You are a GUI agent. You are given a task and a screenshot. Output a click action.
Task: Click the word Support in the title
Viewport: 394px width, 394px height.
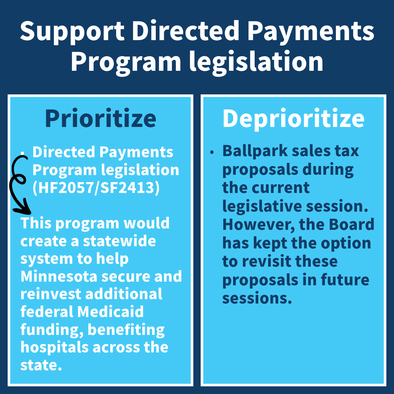[x=72, y=31]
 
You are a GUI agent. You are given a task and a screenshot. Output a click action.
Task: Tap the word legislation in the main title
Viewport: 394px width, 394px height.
[x=256, y=62]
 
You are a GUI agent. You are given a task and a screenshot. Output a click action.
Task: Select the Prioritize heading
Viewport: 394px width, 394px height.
[x=101, y=118]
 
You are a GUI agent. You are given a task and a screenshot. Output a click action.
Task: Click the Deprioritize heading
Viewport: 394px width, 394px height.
[x=293, y=119]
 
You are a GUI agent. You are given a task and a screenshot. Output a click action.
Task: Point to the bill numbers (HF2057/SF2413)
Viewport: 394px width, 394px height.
[x=96, y=188]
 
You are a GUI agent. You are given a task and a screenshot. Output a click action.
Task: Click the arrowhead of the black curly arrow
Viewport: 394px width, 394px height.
[x=23, y=206]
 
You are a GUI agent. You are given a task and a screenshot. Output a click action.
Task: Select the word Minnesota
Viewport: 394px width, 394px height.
[x=59, y=276]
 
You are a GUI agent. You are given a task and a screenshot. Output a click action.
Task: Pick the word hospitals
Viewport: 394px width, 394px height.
[x=54, y=348]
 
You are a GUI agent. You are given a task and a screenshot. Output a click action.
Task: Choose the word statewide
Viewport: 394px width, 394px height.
[x=119, y=241]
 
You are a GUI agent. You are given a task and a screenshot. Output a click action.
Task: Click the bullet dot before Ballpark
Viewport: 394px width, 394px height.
[x=212, y=152]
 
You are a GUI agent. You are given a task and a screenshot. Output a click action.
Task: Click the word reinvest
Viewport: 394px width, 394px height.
[x=51, y=294]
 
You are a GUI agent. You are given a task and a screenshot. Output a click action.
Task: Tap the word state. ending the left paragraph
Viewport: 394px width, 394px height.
[x=41, y=365]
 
